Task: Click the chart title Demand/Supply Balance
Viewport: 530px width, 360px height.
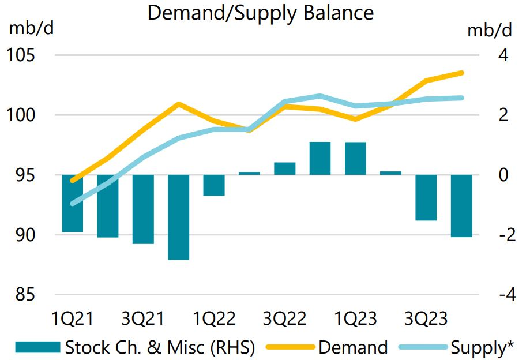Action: (260, 13)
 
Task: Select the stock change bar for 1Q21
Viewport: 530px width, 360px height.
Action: (73, 203)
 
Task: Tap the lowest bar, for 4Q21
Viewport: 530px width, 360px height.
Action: (179, 217)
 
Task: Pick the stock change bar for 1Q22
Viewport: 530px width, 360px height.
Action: (214, 185)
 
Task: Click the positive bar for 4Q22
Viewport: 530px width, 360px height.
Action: (320, 158)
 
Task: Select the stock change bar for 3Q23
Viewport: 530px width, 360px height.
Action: (426, 197)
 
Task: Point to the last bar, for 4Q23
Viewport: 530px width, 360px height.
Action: (461, 205)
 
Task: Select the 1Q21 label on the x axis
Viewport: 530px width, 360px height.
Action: (73, 318)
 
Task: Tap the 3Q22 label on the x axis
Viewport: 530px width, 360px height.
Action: (284, 318)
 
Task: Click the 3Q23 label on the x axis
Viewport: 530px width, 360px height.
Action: (426, 318)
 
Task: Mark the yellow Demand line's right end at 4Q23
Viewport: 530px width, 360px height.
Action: (463, 73)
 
